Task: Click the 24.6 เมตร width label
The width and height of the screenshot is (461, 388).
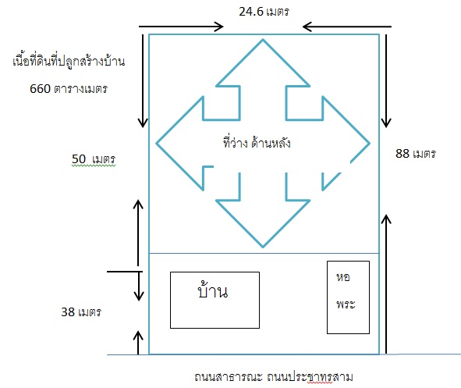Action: (264, 12)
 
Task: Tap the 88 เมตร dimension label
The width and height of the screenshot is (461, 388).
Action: (416, 153)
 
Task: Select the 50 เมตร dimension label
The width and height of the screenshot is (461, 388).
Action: (94, 158)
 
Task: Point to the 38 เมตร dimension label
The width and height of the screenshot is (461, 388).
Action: (81, 311)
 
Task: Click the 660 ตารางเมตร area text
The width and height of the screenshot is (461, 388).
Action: (69, 88)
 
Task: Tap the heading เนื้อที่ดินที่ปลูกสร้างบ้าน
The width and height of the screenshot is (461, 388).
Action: (69, 61)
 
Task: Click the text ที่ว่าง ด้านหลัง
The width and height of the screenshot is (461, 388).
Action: (257, 142)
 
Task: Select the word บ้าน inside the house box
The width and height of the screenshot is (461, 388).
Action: (212, 290)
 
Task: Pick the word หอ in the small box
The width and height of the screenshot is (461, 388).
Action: (342, 277)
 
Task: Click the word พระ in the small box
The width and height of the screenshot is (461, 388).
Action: (346, 304)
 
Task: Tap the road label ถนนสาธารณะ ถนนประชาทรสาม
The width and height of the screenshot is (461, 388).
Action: (274, 377)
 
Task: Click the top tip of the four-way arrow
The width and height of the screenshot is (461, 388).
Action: (263, 39)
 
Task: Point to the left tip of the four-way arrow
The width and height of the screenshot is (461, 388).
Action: (156, 144)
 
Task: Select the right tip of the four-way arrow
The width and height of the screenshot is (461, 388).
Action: (370, 144)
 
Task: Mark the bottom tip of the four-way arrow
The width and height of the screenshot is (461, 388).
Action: (263, 247)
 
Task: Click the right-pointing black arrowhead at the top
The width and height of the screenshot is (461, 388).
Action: (219, 27)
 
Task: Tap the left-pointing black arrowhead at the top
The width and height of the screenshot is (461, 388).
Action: (307, 27)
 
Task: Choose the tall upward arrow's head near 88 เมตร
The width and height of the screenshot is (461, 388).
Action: (386, 219)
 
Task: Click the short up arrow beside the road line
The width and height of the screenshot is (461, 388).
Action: (138, 343)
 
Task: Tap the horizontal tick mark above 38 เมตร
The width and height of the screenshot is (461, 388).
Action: (125, 272)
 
